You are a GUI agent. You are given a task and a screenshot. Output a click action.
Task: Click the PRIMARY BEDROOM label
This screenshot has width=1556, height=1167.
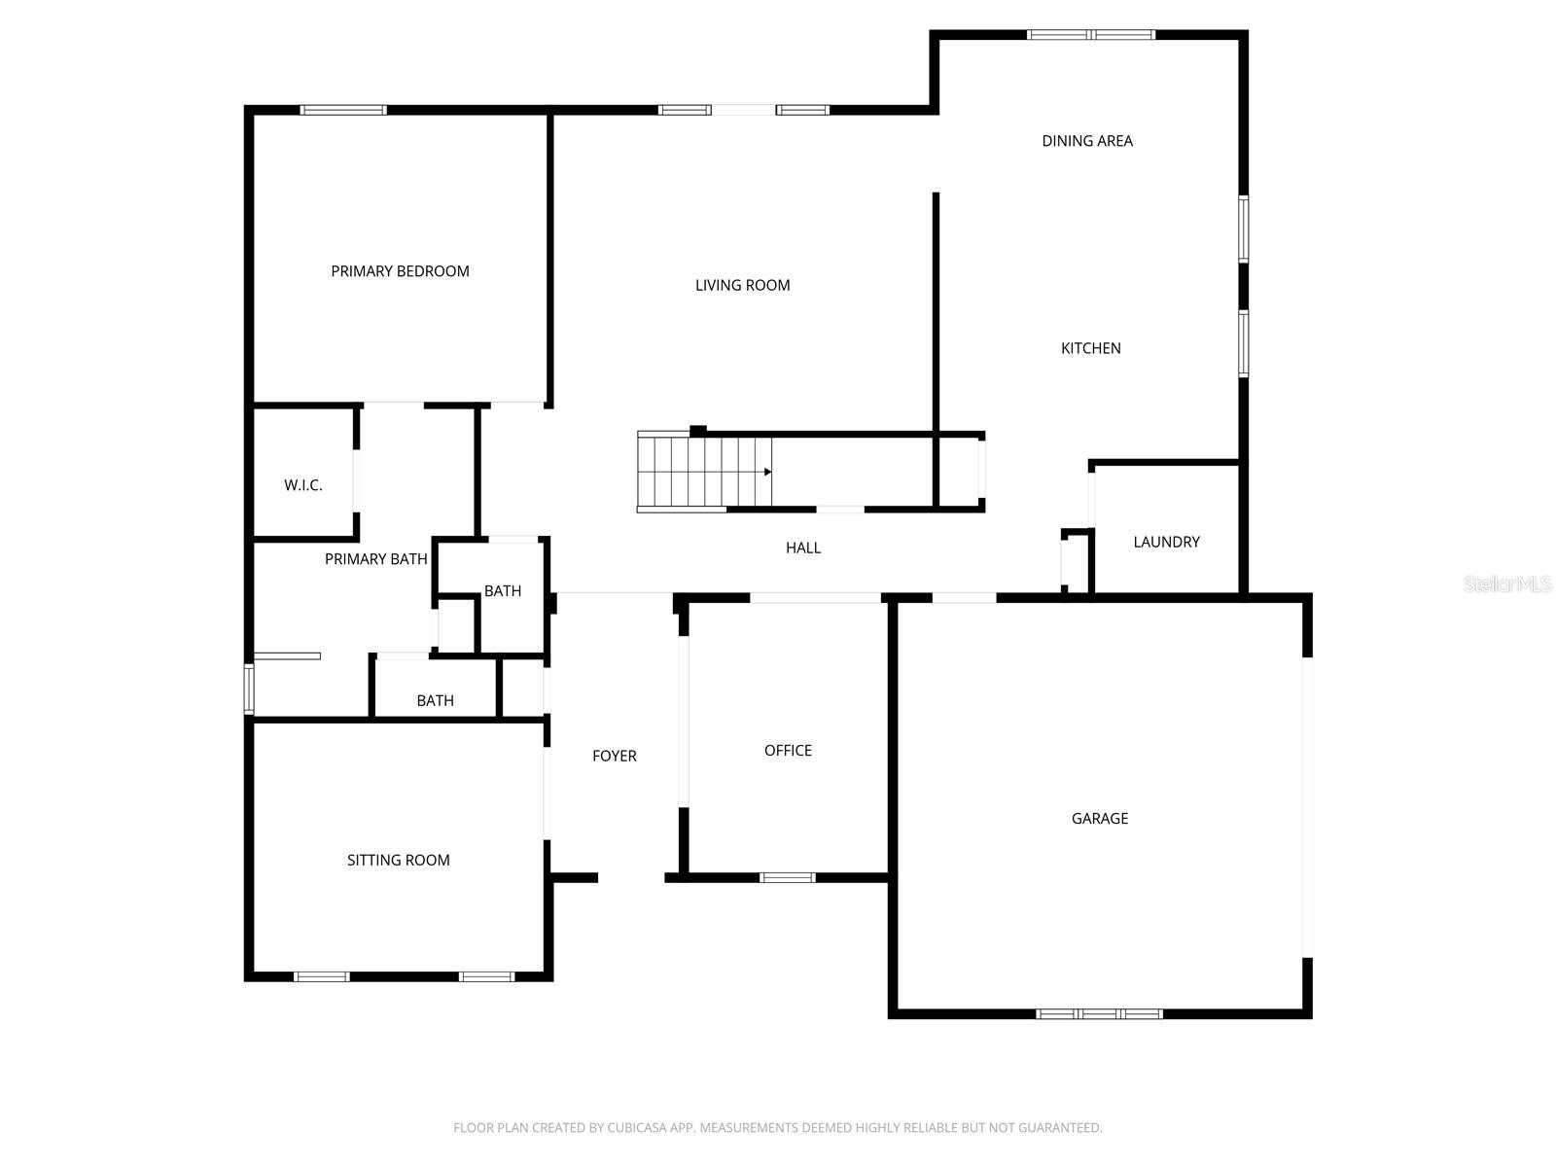click(x=400, y=271)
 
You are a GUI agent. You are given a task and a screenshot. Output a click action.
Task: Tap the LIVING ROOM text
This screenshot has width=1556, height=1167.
click(x=742, y=286)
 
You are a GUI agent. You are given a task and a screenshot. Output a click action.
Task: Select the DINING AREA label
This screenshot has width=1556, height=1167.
click(x=1086, y=141)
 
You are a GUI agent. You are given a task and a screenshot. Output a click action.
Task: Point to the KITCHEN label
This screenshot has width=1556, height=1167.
click(x=1090, y=348)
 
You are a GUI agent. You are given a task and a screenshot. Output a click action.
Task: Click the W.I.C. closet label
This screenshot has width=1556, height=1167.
click(x=303, y=485)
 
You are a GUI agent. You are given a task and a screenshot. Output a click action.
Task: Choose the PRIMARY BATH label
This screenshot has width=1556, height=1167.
click(x=375, y=560)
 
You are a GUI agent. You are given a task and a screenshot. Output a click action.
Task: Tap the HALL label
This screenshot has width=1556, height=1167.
click(x=803, y=548)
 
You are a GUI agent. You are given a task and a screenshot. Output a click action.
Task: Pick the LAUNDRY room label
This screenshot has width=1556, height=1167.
click(x=1166, y=542)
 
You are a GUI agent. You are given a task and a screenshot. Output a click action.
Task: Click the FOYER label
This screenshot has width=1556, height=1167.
click(x=615, y=756)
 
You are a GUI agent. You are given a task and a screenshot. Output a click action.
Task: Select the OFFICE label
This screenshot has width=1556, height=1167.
click(x=788, y=751)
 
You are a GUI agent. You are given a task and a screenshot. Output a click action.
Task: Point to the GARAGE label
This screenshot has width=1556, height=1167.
click(x=1100, y=819)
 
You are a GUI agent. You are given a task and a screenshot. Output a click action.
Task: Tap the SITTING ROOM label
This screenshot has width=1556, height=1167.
click(x=399, y=861)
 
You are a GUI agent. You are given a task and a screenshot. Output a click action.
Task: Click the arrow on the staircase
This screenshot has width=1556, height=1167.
click(x=767, y=472)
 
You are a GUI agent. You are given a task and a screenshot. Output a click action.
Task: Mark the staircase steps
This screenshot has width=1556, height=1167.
click(x=705, y=472)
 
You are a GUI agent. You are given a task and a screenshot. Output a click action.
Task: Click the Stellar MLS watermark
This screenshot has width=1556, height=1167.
click(x=1507, y=583)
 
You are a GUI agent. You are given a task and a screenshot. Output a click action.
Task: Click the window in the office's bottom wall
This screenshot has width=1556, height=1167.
click(x=787, y=878)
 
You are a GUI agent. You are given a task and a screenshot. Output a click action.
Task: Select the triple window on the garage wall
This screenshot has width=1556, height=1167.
click(x=1099, y=1014)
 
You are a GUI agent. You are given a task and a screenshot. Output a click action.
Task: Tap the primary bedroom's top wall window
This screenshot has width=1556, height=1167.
click(x=343, y=110)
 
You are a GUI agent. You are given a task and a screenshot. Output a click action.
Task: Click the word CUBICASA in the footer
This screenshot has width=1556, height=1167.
click(x=636, y=1127)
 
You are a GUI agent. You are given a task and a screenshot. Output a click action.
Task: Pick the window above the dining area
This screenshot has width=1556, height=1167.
click(x=1091, y=35)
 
